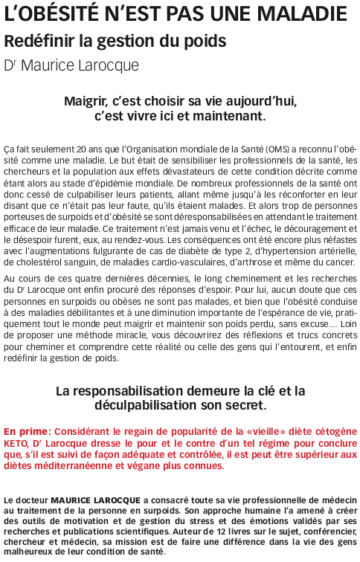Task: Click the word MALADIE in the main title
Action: tap(300, 13)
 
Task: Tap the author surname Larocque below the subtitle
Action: tap(107, 65)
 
